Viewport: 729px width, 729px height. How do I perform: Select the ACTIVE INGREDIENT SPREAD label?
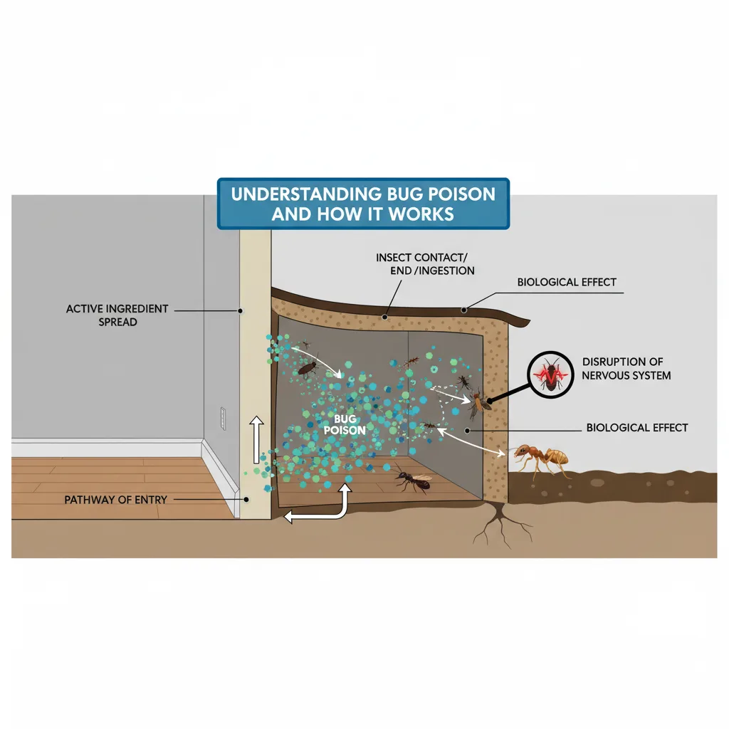[117, 315]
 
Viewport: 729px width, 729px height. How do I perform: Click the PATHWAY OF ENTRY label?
[116, 500]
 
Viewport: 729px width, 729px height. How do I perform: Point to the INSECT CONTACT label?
[426, 257]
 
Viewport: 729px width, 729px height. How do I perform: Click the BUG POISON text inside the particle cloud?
[345, 425]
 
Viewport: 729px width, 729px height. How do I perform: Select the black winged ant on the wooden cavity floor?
[413, 481]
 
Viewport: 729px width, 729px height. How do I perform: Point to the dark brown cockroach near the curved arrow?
[308, 368]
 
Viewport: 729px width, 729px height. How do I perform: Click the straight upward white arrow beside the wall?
[255, 439]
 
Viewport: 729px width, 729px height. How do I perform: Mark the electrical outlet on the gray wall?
[224, 420]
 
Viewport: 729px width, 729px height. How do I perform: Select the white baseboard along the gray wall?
[107, 449]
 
